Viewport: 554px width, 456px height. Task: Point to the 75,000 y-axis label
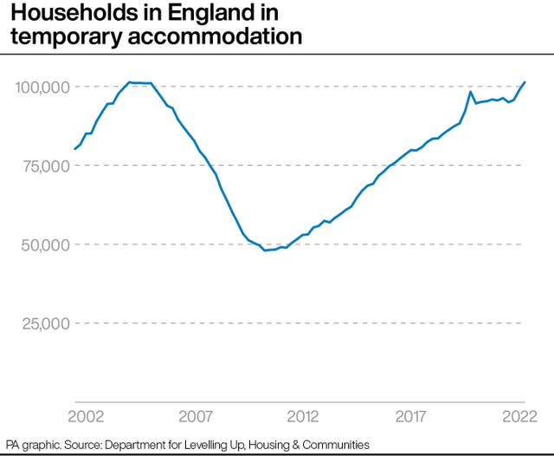click(x=42, y=166)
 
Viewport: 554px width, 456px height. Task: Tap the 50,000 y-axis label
click(x=42, y=244)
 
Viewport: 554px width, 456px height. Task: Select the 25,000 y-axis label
click(x=42, y=323)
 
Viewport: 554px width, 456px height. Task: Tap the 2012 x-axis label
click(x=304, y=415)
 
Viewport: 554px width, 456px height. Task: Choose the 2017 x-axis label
click(x=412, y=415)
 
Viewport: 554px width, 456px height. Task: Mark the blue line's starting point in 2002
click(x=75, y=149)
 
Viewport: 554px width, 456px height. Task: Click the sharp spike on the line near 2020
click(x=470, y=92)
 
